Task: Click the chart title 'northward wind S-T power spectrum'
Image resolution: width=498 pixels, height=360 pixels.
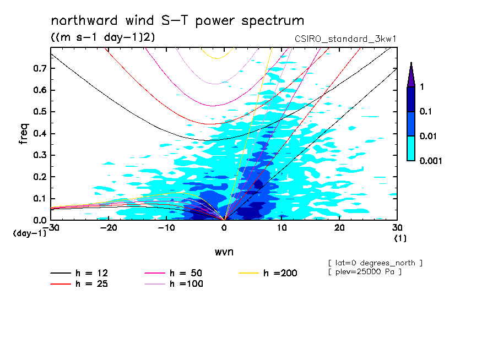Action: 177,21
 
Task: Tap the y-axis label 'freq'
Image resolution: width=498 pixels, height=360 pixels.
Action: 23,134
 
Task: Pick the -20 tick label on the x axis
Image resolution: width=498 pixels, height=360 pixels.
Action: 109,228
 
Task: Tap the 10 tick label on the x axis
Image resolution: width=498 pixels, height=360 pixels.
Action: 282,228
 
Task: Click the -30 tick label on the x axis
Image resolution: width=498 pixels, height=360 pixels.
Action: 51,228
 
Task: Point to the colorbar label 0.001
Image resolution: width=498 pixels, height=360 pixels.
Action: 432,161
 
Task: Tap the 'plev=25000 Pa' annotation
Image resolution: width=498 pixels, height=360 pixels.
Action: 365,272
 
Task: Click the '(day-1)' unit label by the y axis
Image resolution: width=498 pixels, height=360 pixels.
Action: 29,233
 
